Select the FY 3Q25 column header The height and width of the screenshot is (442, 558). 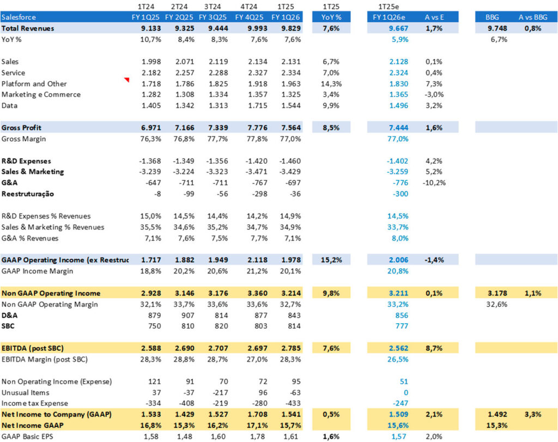pos(215,17)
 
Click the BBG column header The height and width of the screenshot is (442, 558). pos(492,17)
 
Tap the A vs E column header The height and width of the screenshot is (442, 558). pos(434,17)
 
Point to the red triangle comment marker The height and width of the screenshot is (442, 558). pos(127,81)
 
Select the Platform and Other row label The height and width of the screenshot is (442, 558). pos(34,84)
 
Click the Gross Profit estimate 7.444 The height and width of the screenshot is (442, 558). pos(398,128)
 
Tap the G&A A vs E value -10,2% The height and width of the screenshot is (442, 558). pos(434,183)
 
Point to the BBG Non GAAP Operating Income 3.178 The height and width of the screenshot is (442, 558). pos(496,293)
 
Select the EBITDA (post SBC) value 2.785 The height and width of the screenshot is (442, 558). pos(289,348)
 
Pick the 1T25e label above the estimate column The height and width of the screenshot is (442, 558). pos(391,7)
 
